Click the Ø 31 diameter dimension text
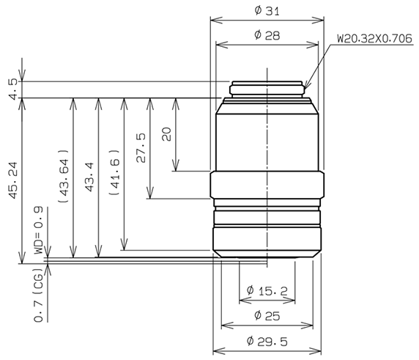tap(267, 10)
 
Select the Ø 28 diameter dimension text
tap(267, 35)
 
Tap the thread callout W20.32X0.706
tap(373, 37)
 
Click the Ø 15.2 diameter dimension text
tap(267, 291)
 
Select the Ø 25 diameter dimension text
tap(267, 316)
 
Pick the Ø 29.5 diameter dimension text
tap(267, 341)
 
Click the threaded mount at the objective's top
tap(267, 89)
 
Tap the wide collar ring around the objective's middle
tap(267, 185)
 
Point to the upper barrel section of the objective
tap(267, 136)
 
